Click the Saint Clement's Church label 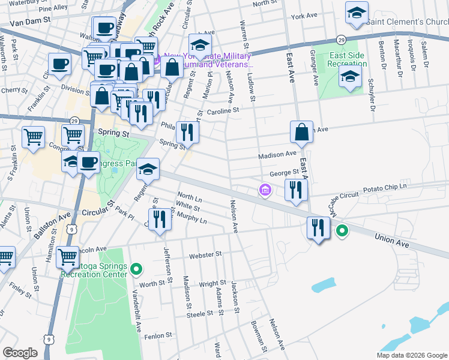pyautogui.click(x=406, y=22)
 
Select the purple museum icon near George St pyautogui.click(x=264, y=190)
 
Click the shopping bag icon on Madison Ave pyautogui.click(x=301, y=132)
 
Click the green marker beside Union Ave pyautogui.click(x=342, y=229)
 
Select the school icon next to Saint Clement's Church pyautogui.click(x=356, y=13)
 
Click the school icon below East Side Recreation pyautogui.click(x=350, y=76)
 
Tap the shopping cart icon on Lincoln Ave pyautogui.click(x=67, y=257)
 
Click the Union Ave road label pyautogui.click(x=391, y=239)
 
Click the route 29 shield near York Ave pyautogui.click(x=340, y=38)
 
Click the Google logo pyautogui.click(x=20, y=352)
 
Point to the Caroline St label pyautogui.click(x=223, y=110)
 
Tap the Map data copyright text pyautogui.click(x=411, y=355)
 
